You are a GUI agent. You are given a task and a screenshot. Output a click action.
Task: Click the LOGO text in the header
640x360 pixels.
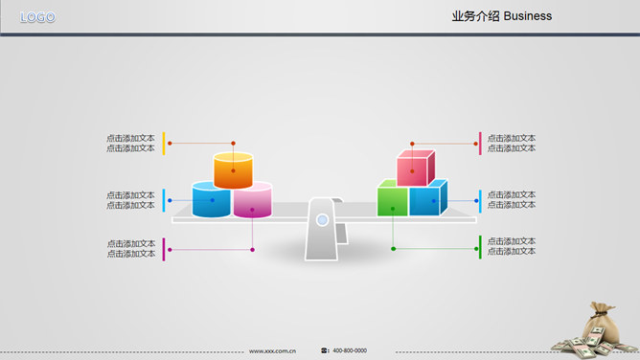[x=37, y=17]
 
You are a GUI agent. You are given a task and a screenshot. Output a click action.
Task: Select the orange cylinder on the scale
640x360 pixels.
[x=233, y=170]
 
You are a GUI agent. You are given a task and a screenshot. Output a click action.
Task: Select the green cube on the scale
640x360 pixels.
[x=392, y=200]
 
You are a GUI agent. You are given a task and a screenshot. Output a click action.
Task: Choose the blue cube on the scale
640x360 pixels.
[x=425, y=200]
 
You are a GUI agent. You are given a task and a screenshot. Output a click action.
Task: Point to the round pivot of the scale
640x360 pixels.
[x=323, y=220]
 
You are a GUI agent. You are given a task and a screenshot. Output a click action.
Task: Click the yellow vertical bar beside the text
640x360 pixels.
[x=164, y=143]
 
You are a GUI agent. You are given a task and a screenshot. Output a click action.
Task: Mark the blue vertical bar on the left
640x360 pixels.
[x=164, y=200]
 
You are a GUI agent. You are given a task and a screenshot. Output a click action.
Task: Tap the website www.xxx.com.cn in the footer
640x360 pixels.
[x=272, y=350]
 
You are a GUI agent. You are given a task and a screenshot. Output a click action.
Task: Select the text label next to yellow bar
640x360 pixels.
[x=130, y=143]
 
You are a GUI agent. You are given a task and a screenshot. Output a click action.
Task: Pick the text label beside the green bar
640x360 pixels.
[x=512, y=246]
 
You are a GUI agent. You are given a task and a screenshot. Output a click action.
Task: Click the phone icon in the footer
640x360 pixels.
[x=325, y=350]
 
